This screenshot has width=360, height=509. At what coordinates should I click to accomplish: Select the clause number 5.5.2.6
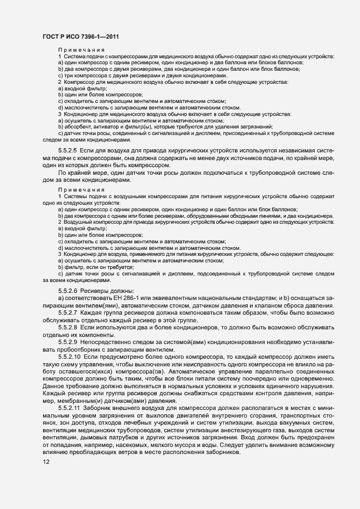click(68, 291)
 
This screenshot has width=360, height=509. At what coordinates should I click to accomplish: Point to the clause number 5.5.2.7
click(68, 315)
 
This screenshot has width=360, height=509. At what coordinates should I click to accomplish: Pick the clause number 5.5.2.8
click(68, 330)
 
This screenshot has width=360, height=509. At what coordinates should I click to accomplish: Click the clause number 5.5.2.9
click(68, 346)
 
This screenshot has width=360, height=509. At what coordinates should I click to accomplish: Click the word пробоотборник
click(81, 353)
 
